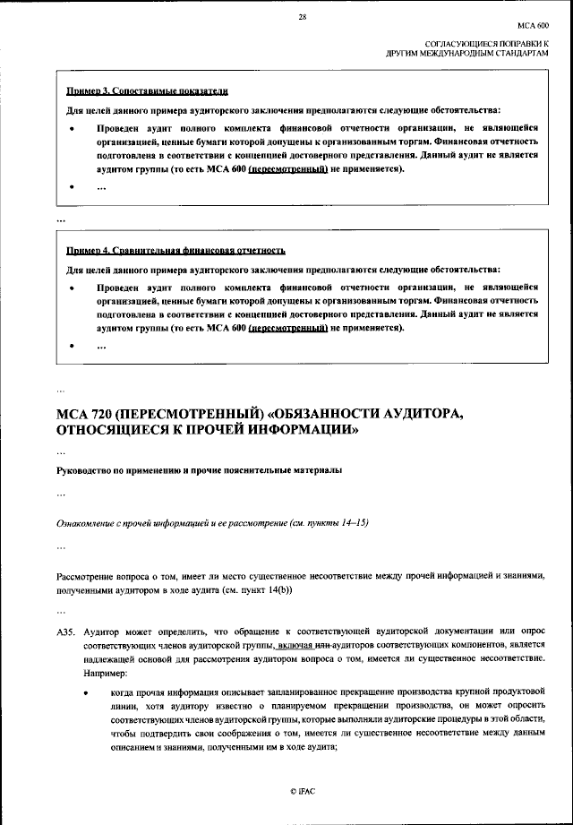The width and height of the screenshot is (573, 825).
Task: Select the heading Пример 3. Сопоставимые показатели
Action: (x=149, y=91)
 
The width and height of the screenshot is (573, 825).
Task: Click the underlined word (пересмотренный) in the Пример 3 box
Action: (x=286, y=168)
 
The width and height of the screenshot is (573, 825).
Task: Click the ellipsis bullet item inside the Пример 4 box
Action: (x=101, y=348)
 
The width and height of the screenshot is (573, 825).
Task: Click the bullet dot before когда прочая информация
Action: (x=86, y=694)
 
